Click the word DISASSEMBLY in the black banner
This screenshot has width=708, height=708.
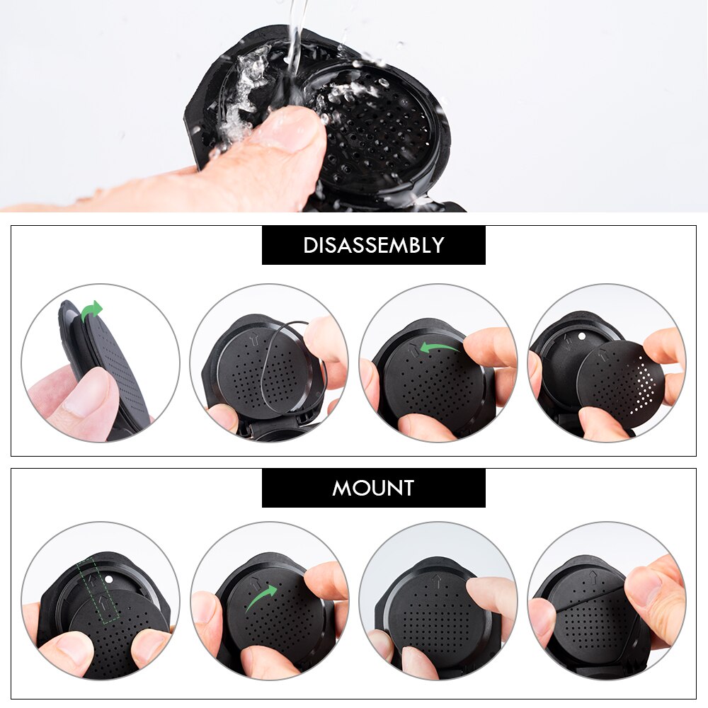(x=373, y=246)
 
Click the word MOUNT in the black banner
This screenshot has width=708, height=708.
(x=373, y=488)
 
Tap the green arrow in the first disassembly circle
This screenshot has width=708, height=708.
(x=92, y=309)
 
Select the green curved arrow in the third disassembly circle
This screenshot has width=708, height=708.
(x=438, y=346)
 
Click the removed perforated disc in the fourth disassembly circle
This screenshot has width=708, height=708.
(x=620, y=382)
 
